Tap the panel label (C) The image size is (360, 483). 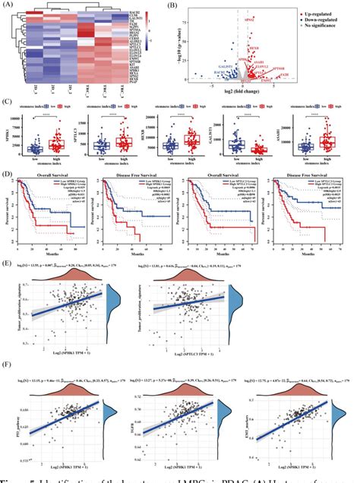[x=7, y=99]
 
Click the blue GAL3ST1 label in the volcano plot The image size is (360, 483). [x=223, y=67]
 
